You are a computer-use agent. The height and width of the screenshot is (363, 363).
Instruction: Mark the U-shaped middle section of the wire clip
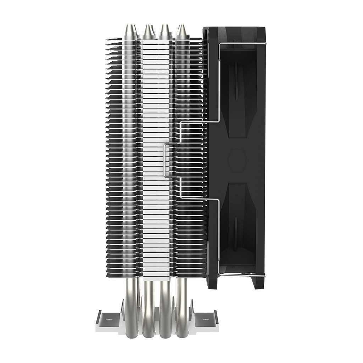[x=166, y=160]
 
